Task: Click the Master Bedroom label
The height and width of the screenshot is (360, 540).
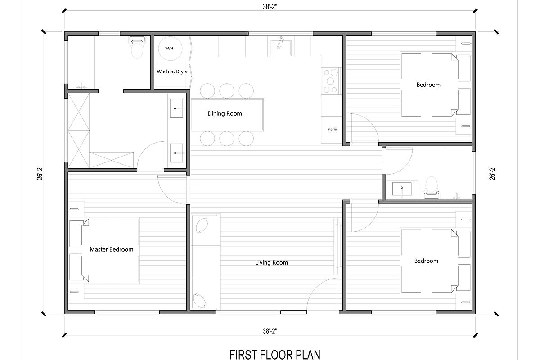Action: pos(112,249)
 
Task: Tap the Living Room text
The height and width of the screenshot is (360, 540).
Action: pos(271,262)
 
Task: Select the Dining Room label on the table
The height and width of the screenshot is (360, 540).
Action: pos(225,113)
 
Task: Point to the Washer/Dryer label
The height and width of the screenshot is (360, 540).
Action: pos(172,72)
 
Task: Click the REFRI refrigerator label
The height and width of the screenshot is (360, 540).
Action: pos(333,130)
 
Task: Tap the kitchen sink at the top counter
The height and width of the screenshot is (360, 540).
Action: pos(280,47)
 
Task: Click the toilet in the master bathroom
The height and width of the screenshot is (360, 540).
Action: pos(136,49)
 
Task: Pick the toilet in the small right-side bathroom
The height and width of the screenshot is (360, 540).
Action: pos(432,187)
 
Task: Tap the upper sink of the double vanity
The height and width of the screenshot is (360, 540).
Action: pos(175,108)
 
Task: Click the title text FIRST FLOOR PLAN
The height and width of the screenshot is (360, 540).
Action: pos(275,354)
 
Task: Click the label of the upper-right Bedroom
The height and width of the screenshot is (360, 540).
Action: pos(428,85)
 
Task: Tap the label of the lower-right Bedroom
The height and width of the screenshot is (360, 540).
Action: pos(426,261)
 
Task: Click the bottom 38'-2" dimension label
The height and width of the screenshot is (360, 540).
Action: pos(270,332)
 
